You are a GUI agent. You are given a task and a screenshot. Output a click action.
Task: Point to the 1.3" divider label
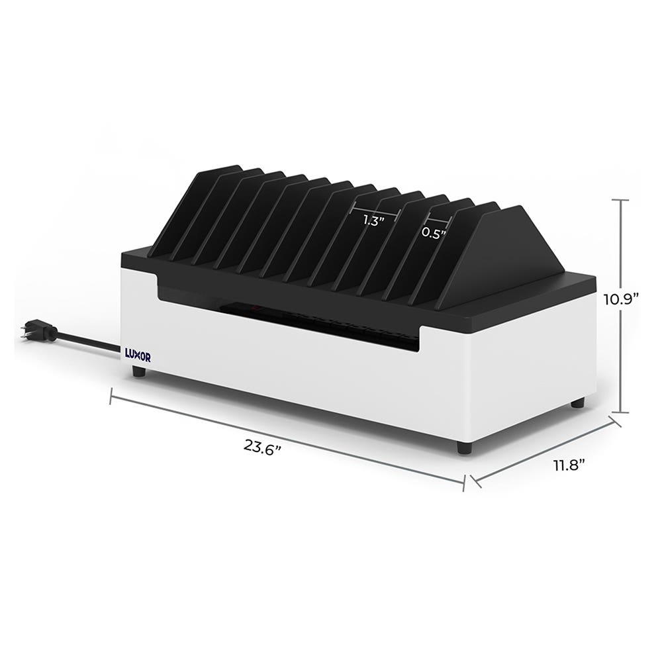point(374,221)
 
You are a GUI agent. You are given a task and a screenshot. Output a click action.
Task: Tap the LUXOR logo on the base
point(137,354)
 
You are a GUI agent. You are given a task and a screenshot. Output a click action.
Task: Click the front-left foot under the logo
point(138,372)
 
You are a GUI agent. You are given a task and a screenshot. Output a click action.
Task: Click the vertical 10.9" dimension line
point(620,305)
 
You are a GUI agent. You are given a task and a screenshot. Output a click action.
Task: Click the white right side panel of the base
point(536,371)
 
